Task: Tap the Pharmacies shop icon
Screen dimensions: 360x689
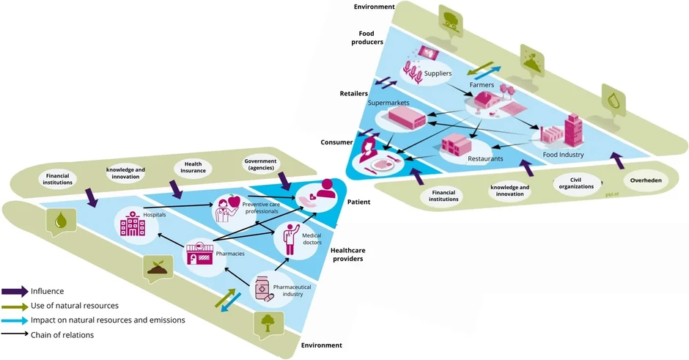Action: coord(199,254)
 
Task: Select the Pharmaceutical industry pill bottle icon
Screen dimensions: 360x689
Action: coord(262,288)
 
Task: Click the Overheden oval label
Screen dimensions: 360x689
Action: coord(645,179)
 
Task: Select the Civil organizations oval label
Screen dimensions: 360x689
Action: coord(576,183)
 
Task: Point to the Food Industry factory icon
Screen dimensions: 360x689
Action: coord(562,132)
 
